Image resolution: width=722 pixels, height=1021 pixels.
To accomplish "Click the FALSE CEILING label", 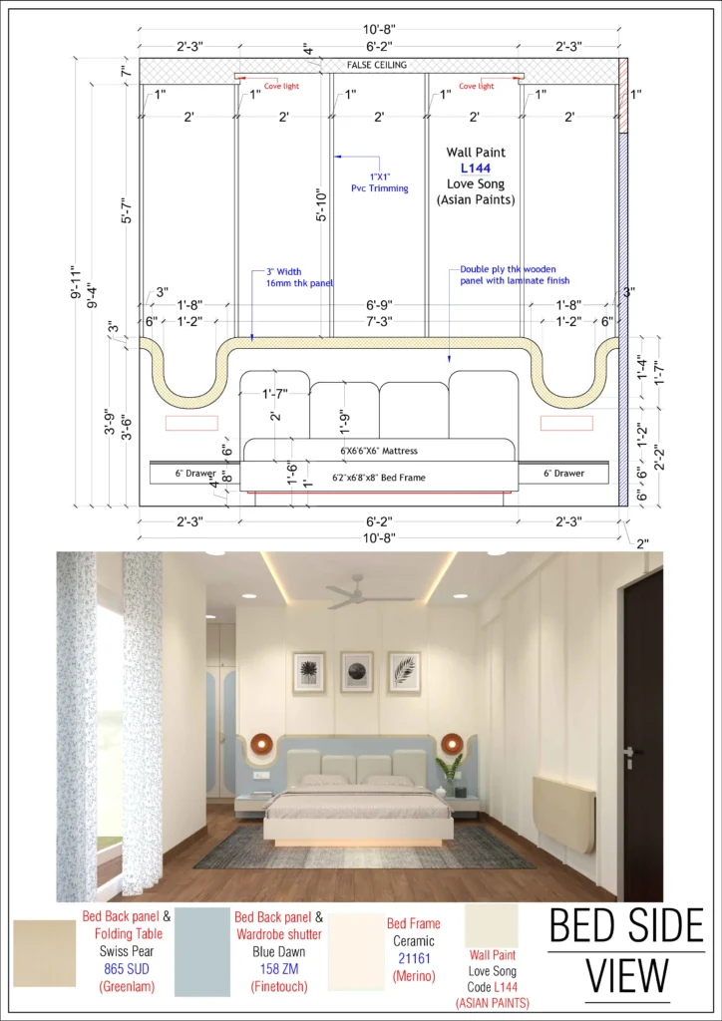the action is pos(376,65).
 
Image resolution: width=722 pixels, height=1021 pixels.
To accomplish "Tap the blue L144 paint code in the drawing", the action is pos(476,169).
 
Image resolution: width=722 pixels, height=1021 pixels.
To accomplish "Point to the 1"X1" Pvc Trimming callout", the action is pos(379,182).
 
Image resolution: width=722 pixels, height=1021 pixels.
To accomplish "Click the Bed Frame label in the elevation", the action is pos(379,478).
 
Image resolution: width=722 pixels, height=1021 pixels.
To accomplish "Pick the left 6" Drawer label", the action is pos(195,474).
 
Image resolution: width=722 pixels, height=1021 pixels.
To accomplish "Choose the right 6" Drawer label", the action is pos(563,474).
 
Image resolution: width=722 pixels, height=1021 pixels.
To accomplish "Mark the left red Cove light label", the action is pos(281,86).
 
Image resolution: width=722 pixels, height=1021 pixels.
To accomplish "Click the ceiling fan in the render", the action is pos(360,593).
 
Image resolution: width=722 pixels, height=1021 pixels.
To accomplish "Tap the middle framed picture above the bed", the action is pos(357,671).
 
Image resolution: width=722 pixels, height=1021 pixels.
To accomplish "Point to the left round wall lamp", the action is pos(261,742).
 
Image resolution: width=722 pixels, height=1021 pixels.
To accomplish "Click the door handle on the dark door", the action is pos(629,753).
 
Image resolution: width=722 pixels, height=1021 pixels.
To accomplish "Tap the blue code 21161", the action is pos(414,958).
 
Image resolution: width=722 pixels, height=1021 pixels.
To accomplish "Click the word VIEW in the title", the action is pos(627,977).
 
